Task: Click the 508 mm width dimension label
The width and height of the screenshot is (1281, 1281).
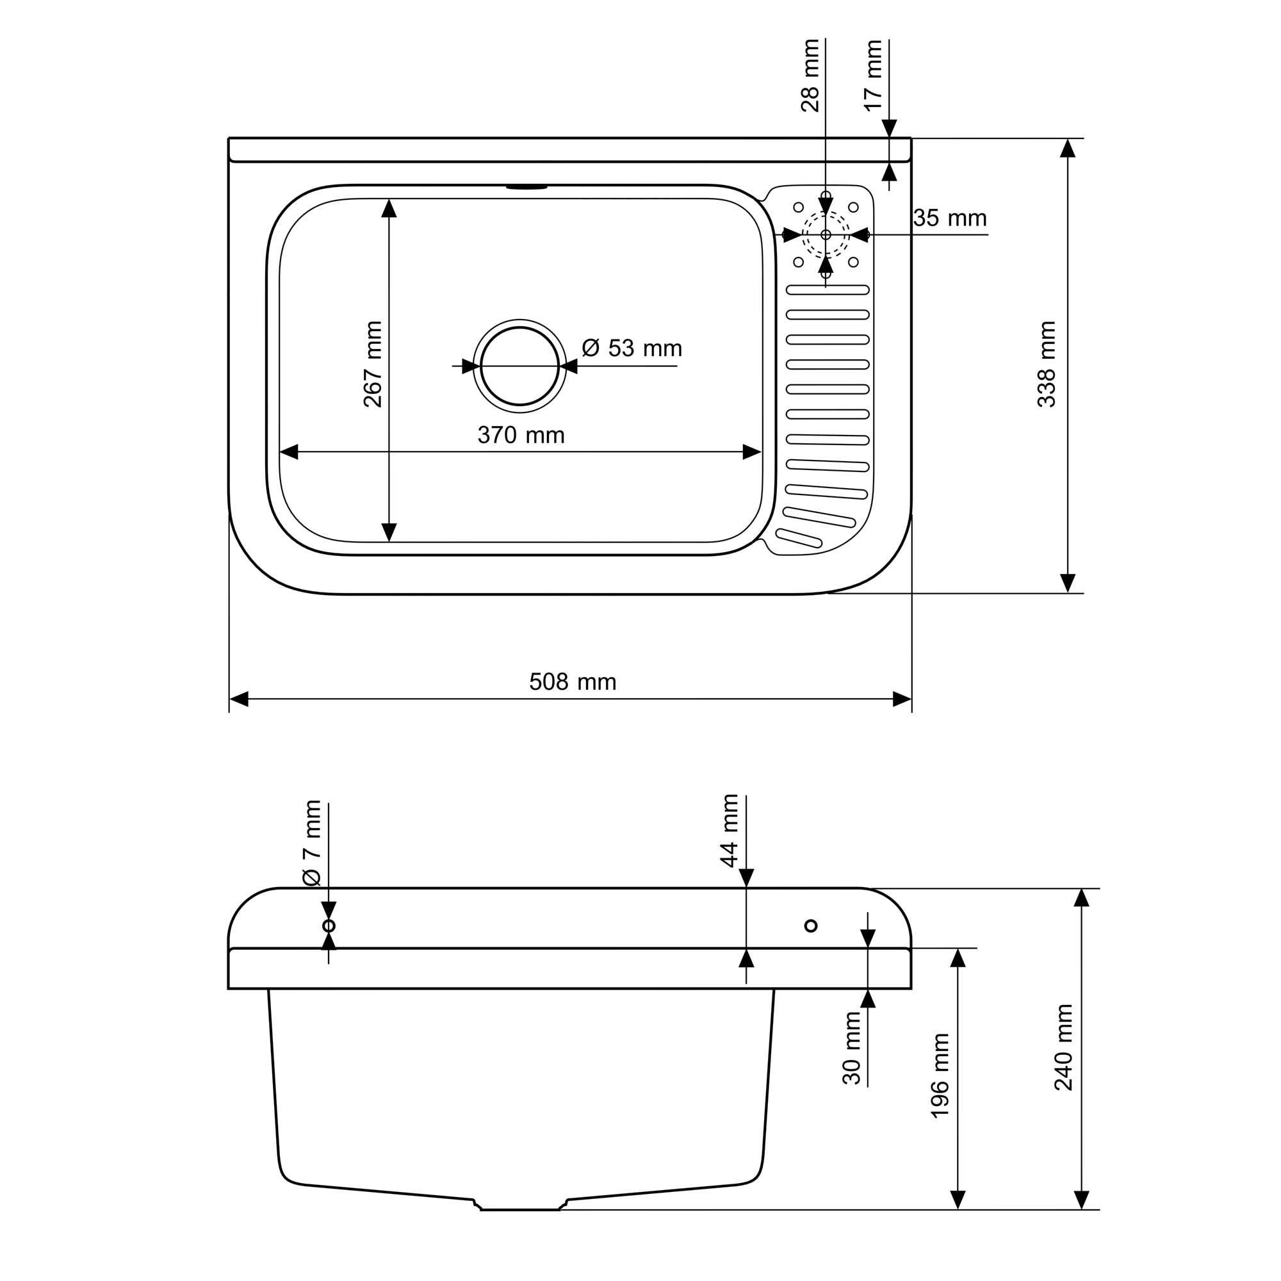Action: pos(573,681)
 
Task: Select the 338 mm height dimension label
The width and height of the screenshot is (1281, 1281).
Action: pos(1047,364)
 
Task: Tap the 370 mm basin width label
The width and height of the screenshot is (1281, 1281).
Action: pos(521,435)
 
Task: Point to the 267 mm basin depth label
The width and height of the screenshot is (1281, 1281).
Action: pos(373,364)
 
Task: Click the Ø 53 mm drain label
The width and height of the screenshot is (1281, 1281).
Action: pos(632,348)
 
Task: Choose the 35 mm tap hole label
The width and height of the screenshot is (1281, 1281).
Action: pos(950,218)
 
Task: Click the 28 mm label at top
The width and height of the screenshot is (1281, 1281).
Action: pos(810,76)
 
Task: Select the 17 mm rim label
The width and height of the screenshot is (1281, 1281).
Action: pos(873,76)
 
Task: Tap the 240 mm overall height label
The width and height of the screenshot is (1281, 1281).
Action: pos(1063,1048)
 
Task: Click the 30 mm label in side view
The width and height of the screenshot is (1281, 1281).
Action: pos(851,1048)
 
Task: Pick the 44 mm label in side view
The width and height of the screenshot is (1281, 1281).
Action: pos(730,831)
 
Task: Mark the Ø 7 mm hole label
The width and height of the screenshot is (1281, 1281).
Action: pos(312,844)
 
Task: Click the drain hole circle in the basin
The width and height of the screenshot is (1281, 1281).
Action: pos(520,365)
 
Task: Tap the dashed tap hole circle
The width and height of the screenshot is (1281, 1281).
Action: pos(826,234)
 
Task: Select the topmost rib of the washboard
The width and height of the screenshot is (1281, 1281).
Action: pos(828,290)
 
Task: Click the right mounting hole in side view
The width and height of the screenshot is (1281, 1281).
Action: pos(811,926)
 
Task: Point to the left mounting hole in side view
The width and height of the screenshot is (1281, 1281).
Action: pos(328,926)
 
